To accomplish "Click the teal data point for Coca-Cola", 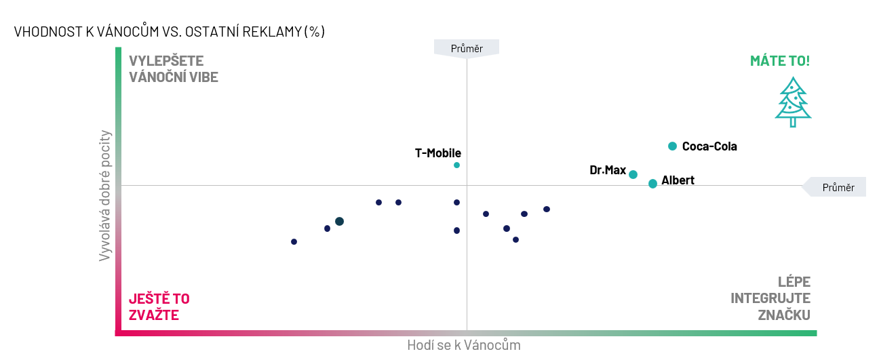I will [x=672, y=146].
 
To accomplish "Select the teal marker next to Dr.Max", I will [x=633, y=174].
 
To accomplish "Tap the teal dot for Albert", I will [x=652, y=184].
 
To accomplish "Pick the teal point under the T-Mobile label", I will [x=456, y=165].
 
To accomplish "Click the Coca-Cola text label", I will [x=709, y=146].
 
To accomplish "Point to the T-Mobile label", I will [x=437, y=153].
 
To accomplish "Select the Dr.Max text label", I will [x=608, y=170].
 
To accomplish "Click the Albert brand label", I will [x=678, y=180].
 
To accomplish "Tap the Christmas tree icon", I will [x=793, y=102].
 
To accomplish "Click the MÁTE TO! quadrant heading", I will [x=779, y=60].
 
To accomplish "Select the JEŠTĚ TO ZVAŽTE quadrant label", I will [x=159, y=306].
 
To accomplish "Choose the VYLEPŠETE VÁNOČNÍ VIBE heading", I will [x=173, y=68].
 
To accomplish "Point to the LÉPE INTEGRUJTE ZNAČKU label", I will [x=770, y=298].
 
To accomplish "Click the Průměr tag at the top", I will [x=467, y=48].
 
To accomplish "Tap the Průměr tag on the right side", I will [x=838, y=187].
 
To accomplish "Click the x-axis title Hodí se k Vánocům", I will [x=463, y=345].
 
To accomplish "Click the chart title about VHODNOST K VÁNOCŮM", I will [x=169, y=32].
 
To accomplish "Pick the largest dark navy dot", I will [x=339, y=222].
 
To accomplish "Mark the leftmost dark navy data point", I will [x=294, y=241].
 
